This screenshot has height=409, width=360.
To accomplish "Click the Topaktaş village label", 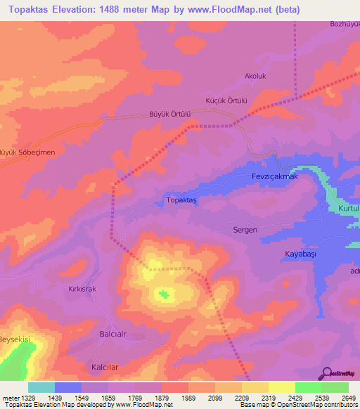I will (181, 200).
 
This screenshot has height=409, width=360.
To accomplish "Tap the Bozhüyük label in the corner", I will (344, 24).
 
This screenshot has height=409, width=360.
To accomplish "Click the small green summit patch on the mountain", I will (165, 294).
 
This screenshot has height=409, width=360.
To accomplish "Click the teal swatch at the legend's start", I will (41, 387).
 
